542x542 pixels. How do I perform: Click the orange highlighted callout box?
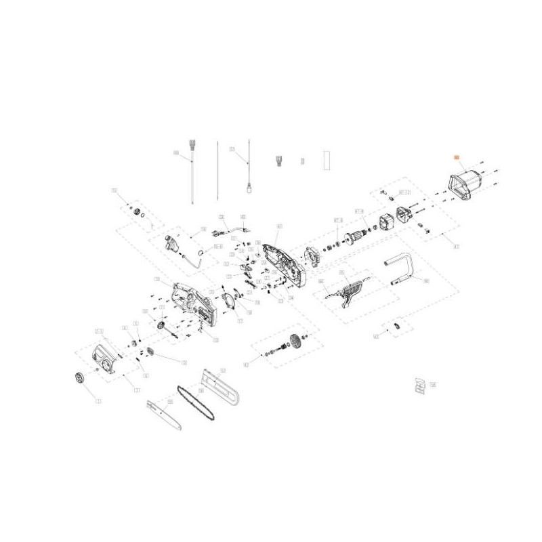point(457,157)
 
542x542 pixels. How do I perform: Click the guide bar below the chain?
point(165,415)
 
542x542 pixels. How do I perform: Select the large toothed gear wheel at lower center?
point(294,343)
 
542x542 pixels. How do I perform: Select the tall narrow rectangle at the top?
point(327,159)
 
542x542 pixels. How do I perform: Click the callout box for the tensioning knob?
point(99,400)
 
